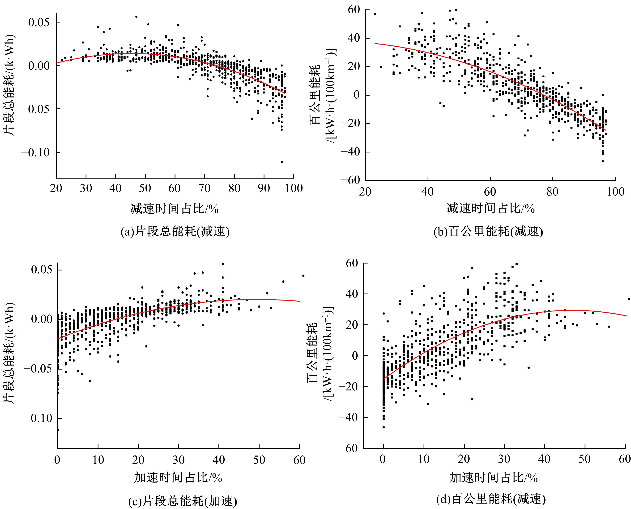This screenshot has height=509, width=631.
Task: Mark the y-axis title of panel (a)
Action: (9, 85)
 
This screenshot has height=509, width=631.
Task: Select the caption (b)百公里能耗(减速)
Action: (488, 232)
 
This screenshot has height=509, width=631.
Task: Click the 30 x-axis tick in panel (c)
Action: (178, 460)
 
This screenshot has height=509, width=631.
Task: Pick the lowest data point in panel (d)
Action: (384, 427)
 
